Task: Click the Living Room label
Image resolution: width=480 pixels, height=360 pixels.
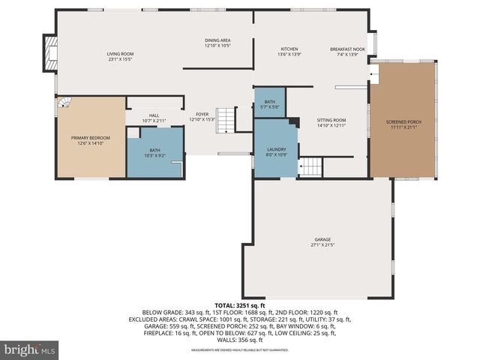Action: (120, 56)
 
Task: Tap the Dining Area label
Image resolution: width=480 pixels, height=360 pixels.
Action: (217, 43)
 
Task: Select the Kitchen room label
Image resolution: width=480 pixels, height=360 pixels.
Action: (289, 52)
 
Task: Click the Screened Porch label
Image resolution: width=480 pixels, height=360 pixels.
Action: (403, 124)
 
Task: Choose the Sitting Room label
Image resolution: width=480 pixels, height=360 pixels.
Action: (331, 122)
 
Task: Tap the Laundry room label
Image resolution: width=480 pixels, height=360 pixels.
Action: (277, 152)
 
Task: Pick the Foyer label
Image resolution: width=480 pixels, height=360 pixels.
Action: (202, 116)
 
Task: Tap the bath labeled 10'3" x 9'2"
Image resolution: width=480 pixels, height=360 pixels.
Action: (154, 153)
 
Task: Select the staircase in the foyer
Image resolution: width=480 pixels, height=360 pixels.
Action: (226, 120)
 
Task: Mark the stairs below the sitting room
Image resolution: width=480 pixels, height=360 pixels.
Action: (310, 166)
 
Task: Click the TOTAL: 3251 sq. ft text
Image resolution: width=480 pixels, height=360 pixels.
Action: (239, 306)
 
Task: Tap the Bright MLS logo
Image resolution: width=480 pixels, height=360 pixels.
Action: (30, 349)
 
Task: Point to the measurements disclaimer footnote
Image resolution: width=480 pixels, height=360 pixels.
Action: (239, 350)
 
